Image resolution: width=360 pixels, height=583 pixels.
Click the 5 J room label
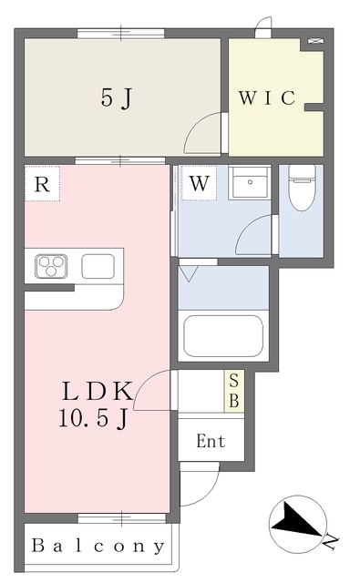tap(116, 98)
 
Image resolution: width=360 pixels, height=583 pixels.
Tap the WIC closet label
tap(267, 98)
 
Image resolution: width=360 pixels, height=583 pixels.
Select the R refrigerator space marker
tap(41, 184)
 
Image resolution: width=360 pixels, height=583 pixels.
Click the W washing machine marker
tap(200, 184)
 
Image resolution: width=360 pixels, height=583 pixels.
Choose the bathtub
tap(223, 335)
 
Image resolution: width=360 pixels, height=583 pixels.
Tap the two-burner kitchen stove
tap(50, 266)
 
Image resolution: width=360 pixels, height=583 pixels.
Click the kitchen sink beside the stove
tap(98, 266)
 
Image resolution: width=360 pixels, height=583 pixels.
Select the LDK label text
tap(98, 391)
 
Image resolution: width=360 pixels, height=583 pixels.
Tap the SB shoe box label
tap(234, 389)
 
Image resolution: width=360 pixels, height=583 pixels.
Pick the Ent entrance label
tap(211, 442)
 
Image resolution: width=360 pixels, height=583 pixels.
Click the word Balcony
tap(98, 547)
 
